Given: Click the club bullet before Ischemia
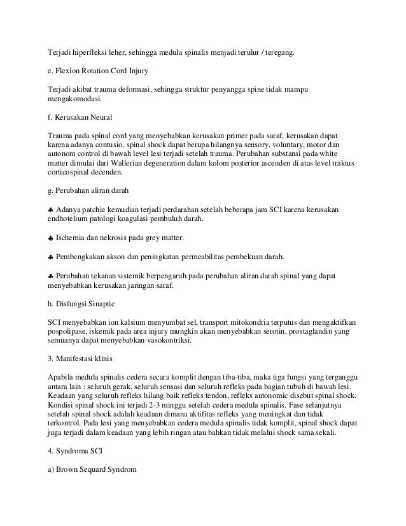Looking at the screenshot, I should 51,238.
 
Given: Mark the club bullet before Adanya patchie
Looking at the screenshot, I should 51,211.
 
